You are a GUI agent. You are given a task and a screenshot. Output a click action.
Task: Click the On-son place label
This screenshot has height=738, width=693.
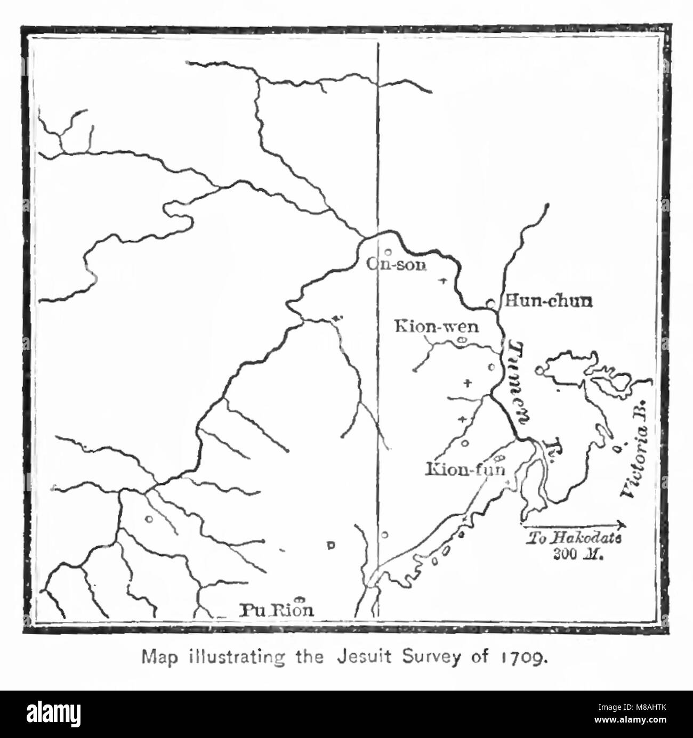click(396, 264)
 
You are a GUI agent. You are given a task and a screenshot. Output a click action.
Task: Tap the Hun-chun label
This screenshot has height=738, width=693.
click(548, 302)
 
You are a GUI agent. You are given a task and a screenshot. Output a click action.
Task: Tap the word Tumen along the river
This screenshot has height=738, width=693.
click(516, 382)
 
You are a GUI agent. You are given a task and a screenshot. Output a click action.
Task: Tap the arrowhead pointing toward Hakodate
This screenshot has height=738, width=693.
click(621, 524)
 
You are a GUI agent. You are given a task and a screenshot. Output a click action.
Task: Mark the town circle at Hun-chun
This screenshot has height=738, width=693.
click(491, 304)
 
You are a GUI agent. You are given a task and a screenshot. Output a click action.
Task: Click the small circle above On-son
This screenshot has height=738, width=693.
click(388, 252)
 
